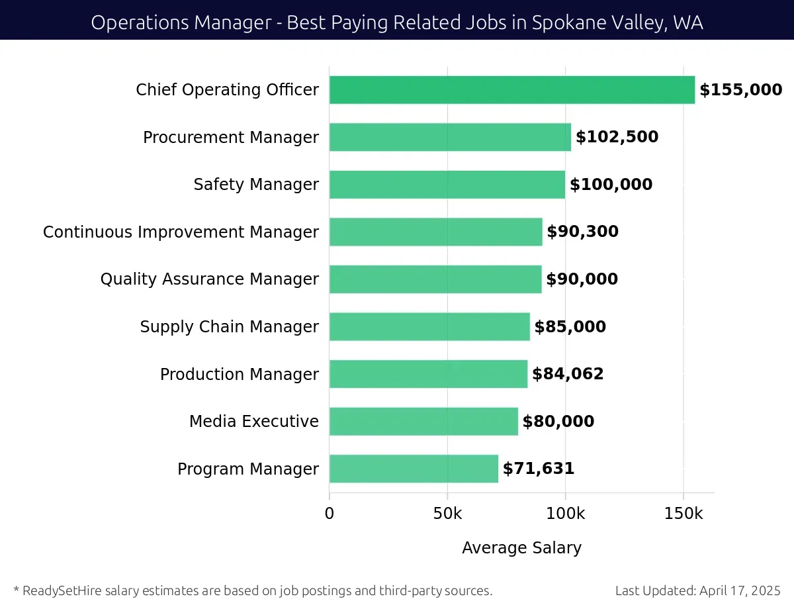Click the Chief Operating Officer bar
click(511, 90)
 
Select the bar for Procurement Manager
click(450, 137)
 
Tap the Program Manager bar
click(414, 469)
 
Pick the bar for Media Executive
click(423, 421)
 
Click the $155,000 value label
click(740, 90)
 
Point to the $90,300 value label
click(582, 232)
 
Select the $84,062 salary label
click(568, 374)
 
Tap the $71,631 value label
click(539, 469)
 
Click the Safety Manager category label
click(256, 185)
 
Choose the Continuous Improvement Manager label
click(181, 232)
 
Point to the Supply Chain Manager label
click(229, 327)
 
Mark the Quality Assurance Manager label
click(209, 279)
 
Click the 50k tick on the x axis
click(447, 514)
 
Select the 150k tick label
click(684, 514)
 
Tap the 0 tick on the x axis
click(330, 514)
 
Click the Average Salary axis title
click(521, 548)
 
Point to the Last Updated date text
click(697, 590)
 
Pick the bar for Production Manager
click(428, 374)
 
